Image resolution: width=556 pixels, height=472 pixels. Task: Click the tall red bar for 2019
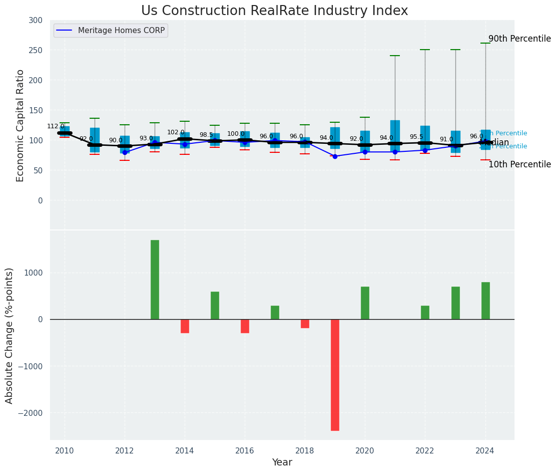pyautogui.click(x=335, y=375)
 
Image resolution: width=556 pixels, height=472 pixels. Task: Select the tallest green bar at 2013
pyautogui.click(x=155, y=280)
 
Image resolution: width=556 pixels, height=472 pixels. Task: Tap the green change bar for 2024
pyautogui.click(x=485, y=301)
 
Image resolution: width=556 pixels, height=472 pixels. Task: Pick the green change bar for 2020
pyautogui.click(x=365, y=303)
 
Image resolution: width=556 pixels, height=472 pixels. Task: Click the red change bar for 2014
pyautogui.click(x=185, y=326)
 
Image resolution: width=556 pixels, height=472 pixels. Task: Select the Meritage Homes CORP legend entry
pyautogui.click(x=121, y=31)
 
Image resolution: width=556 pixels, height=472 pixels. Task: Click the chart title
pyautogui.click(x=274, y=11)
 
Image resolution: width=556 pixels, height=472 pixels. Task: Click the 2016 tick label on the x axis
pyautogui.click(x=245, y=450)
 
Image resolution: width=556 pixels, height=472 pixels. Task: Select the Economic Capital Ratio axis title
pyautogui.click(x=20, y=125)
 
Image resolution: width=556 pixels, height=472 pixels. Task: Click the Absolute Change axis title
pyautogui.click(x=10, y=335)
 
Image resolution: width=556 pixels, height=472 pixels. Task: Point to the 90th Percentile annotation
pyautogui.click(x=519, y=39)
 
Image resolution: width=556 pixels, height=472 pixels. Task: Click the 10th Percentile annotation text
pyautogui.click(x=519, y=164)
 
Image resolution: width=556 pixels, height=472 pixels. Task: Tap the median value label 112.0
pyautogui.click(x=56, y=126)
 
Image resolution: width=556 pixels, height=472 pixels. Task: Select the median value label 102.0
pyautogui.click(x=176, y=132)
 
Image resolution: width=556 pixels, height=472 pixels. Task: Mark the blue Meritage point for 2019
pyautogui.click(x=335, y=156)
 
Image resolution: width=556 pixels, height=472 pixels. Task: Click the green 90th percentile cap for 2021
pyautogui.click(x=395, y=56)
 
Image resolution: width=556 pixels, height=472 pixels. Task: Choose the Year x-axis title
pyautogui.click(x=282, y=462)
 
